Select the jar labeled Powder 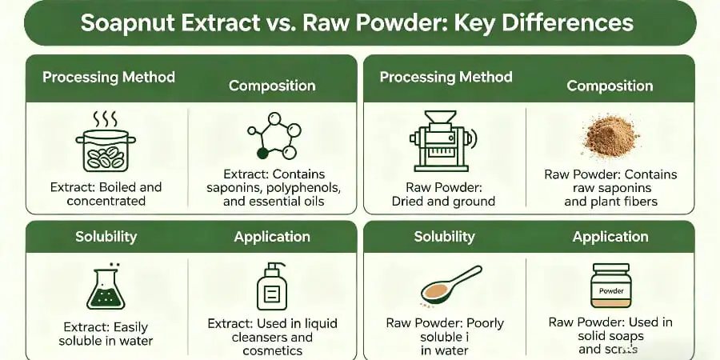pos(610,288)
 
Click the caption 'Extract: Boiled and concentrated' pos(106,194)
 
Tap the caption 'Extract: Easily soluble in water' pos(106,334)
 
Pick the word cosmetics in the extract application pos(272,350)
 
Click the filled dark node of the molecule pos(262,152)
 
